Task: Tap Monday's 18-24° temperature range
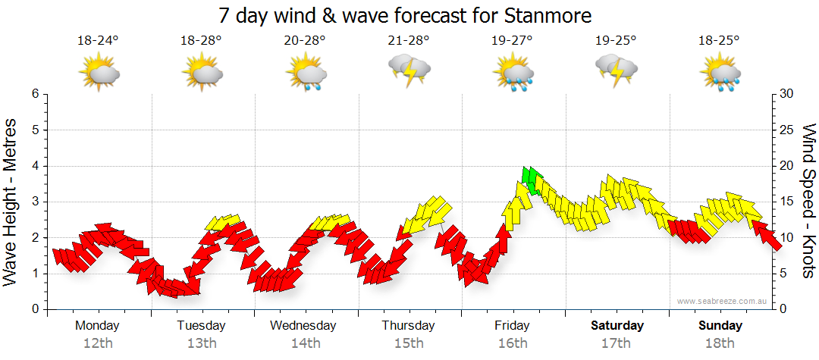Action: (99, 41)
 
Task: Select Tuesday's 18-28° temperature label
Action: (202, 41)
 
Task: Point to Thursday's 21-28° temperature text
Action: (409, 41)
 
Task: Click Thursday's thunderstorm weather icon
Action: (409, 70)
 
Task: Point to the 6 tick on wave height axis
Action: (34, 94)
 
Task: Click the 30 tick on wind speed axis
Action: (788, 94)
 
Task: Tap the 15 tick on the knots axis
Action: (788, 202)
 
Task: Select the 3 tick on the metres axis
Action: (34, 202)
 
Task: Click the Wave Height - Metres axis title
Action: (11, 202)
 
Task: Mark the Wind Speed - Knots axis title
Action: (808, 201)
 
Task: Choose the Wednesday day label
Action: (303, 326)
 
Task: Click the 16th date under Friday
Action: (513, 343)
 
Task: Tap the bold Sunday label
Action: (720, 326)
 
